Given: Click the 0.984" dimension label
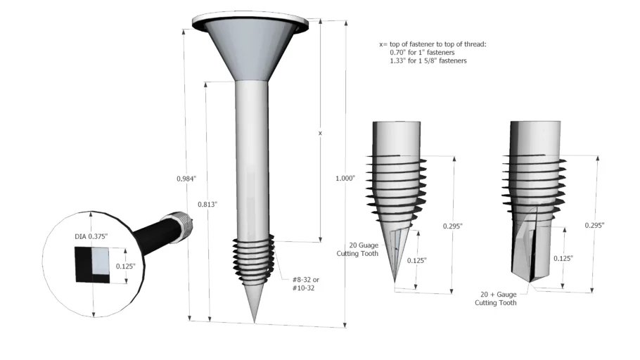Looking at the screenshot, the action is click(x=186, y=179).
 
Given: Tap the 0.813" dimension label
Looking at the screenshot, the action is click(x=207, y=204).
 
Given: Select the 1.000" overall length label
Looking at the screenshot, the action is click(x=345, y=178).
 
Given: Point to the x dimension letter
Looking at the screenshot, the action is click(x=320, y=133).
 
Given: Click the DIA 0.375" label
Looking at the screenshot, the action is click(x=91, y=236).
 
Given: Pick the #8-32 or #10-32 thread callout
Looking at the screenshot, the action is click(x=306, y=283).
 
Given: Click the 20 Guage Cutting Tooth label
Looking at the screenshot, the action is click(x=357, y=250).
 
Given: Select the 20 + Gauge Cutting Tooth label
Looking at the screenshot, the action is click(x=496, y=298).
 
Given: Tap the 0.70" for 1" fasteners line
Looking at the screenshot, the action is click(x=422, y=52).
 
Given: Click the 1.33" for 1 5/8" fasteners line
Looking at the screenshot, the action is click(x=428, y=60).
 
